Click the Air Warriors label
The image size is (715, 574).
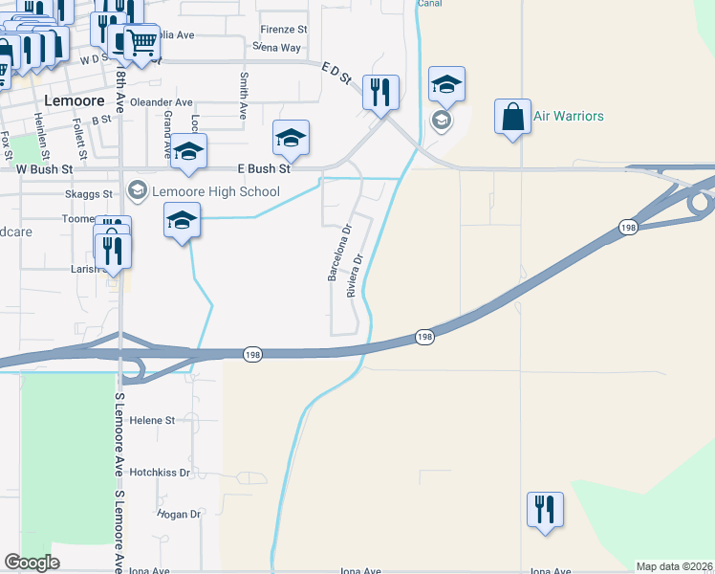(569, 117)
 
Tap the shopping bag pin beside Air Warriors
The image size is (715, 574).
(512, 117)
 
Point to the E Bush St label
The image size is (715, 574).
(264, 168)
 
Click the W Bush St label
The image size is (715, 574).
(45, 168)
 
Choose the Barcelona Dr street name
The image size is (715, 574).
(336, 253)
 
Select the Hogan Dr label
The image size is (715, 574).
(180, 514)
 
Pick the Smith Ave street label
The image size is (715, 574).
(244, 96)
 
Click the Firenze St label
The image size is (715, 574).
(283, 30)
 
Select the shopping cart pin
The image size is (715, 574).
(141, 42)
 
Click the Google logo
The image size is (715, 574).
(32, 563)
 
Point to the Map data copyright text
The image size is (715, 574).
(674, 566)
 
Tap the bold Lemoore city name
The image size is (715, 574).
(67, 99)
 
